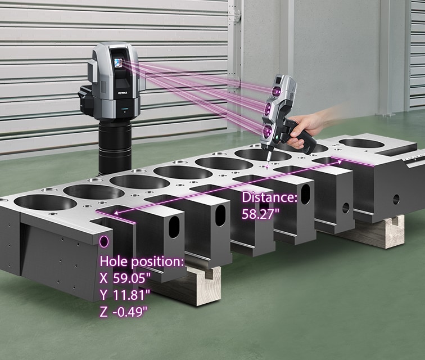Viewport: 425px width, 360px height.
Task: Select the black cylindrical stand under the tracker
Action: click(x=115, y=145)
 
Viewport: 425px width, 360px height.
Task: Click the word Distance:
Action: click(x=269, y=197)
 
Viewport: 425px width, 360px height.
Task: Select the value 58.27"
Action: click(x=261, y=214)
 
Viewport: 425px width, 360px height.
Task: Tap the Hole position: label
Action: click(x=141, y=262)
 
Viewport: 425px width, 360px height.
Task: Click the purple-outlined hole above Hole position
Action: click(x=105, y=243)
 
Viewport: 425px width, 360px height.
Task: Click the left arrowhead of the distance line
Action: click(x=114, y=213)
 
